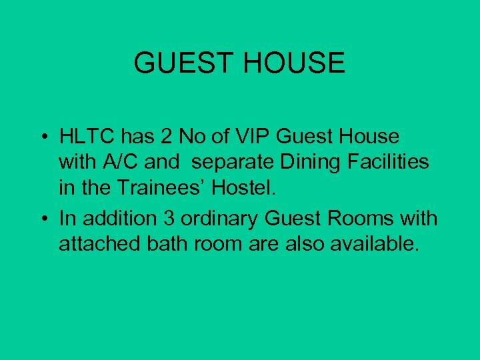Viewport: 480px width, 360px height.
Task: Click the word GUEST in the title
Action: click(182, 63)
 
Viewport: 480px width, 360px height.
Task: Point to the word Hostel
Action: click(243, 188)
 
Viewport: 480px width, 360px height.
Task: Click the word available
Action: click(376, 244)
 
